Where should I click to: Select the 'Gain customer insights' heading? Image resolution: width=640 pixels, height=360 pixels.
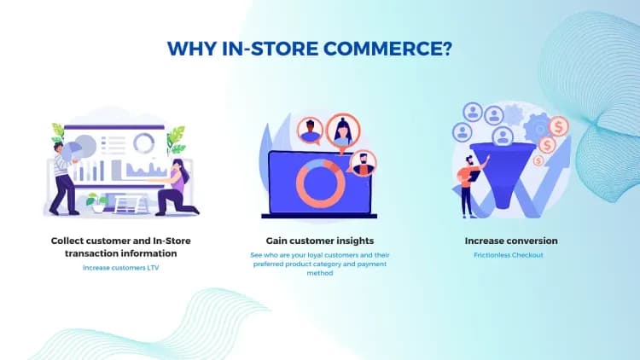319,241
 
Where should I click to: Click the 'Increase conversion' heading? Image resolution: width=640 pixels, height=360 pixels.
511,241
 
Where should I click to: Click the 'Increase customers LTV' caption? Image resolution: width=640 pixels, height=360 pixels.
121,268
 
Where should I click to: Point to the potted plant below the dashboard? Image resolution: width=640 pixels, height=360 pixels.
101,203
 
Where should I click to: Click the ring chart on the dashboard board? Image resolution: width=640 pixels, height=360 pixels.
144,142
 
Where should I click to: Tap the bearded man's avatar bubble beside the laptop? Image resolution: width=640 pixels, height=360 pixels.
364,161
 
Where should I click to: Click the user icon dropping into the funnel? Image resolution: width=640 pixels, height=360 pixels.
503,136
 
